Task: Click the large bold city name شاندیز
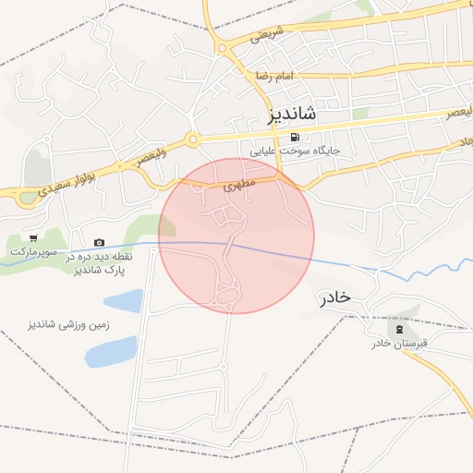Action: (x=283, y=115)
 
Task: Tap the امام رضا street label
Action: (x=275, y=77)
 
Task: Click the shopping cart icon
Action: (x=33, y=238)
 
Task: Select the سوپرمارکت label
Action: (x=33, y=251)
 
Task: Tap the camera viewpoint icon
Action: (x=100, y=242)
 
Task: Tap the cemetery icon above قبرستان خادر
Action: (x=399, y=330)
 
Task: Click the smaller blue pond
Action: (x=124, y=301)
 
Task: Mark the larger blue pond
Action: (x=111, y=351)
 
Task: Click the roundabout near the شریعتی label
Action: (x=222, y=48)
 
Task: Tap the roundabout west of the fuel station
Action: (x=192, y=140)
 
